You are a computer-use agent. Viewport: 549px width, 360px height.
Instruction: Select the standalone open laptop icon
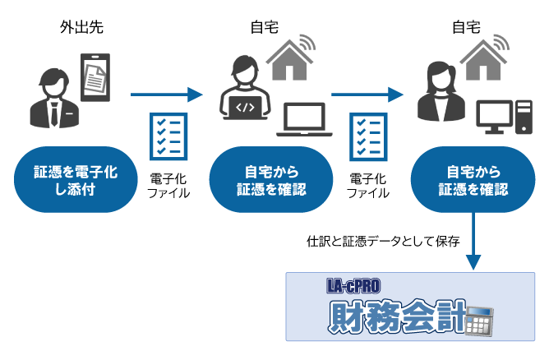305,120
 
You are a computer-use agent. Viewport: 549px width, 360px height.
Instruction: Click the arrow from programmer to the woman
367,95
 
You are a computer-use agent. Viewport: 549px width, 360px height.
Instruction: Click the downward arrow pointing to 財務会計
473,242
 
